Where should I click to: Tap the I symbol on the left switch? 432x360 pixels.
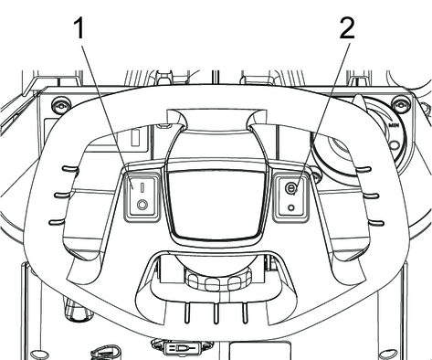point(142,187)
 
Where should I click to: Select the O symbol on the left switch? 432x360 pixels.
point(142,205)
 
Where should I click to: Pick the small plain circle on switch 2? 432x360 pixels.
point(291,207)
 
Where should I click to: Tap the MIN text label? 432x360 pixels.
point(394,125)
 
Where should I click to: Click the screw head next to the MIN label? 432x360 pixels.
point(400,105)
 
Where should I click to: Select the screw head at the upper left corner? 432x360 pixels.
point(60,105)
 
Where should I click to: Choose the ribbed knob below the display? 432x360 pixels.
point(218,281)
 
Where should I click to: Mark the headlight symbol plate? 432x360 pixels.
point(182,348)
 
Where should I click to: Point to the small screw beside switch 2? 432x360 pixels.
point(316,176)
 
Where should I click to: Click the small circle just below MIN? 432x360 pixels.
point(395,144)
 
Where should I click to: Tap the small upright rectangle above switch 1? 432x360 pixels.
point(135,138)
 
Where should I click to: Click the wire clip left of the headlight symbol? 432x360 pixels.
point(107,353)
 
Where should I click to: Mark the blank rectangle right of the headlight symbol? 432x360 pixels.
point(259,351)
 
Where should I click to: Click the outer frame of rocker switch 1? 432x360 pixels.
point(125,196)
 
